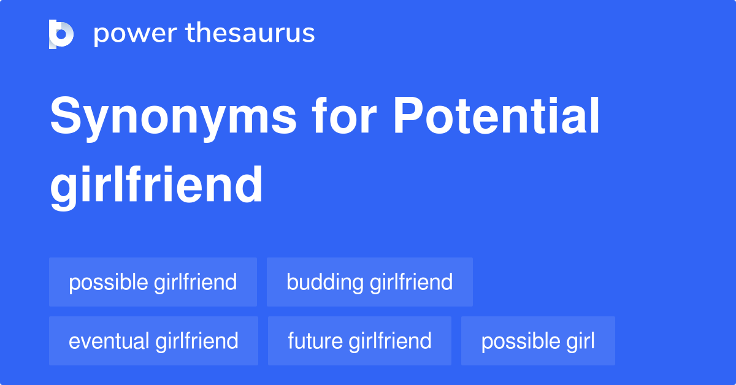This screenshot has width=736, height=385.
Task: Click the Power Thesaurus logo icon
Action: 61,34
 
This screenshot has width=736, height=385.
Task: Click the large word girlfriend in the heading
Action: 156,185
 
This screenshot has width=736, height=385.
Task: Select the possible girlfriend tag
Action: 153,282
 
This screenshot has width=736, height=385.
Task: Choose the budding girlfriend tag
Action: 369,282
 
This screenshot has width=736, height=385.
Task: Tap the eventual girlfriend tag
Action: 153,341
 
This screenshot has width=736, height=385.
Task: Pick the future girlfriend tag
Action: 359,341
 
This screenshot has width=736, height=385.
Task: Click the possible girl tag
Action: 538,341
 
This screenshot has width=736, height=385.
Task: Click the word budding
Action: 325,282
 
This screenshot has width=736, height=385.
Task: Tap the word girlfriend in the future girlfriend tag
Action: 390,341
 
